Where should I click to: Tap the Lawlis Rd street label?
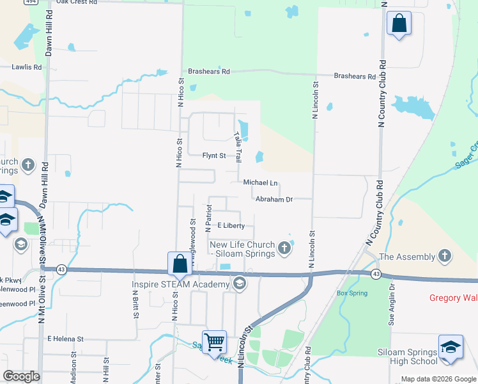(27, 67)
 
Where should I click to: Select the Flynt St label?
(214, 156)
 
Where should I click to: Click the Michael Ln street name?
(261, 182)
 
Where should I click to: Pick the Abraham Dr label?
(274, 199)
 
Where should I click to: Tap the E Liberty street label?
(231, 225)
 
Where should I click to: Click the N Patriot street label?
(208, 218)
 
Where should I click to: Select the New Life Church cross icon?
(285, 246)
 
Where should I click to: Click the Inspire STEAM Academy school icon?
(240, 284)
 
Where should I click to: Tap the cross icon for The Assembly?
(445, 257)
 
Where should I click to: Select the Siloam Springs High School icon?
(451, 347)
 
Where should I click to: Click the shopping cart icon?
(214, 342)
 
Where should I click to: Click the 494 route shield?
(31, 2)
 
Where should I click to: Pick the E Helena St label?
(65, 339)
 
